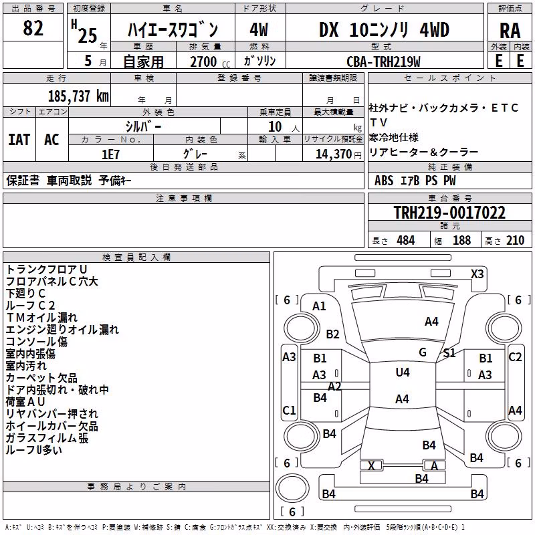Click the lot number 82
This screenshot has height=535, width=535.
tap(33, 28)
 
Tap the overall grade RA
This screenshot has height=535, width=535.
tap(510, 31)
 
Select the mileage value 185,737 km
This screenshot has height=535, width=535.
tap(78, 96)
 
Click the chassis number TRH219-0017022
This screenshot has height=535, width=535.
tap(449, 212)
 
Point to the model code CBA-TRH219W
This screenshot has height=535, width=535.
tap(383, 62)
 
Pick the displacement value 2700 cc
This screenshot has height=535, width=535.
tap(210, 62)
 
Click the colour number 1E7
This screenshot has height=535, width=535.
tap(110, 154)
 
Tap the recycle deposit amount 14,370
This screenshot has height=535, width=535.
tap(333, 154)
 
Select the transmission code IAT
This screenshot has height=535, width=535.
tap(19, 140)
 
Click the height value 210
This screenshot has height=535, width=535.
tap(515, 240)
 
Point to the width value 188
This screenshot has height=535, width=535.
tap(461, 240)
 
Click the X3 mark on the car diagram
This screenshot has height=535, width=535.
tap(477, 274)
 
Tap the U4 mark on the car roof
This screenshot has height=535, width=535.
tap(403, 372)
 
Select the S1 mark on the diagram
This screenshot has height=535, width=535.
tap(449, 353)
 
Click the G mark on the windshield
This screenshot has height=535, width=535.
tap(423, 352)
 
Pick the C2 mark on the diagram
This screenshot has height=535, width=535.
tap(515, 357)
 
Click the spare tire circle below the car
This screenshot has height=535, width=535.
tap(292, 488)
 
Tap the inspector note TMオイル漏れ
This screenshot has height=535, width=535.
tap(41, 317)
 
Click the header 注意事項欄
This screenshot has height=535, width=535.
tap(184, 198)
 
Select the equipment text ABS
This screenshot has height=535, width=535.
tap(384, 181)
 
